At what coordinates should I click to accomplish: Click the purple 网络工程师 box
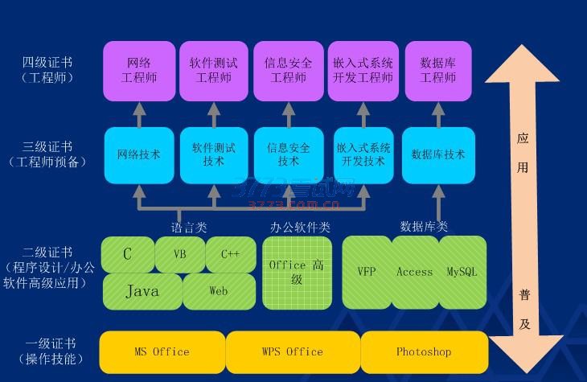(139, 71)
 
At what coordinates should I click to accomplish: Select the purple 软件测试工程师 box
(213, 71)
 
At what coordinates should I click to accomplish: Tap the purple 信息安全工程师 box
(289, 71)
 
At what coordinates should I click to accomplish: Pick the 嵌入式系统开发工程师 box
(363, 71)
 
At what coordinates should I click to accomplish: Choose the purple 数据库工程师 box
(438, 71)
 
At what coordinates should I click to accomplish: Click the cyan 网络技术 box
(139, 154)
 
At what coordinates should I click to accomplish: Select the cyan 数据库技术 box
(438, 154)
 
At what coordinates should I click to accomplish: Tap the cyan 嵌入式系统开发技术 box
(363, 154)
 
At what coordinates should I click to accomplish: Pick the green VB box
(179, 254)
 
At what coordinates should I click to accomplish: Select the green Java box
(142, 291)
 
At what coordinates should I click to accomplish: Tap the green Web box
(219, 291)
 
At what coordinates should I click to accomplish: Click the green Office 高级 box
(297, 273)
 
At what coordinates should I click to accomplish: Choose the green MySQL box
(462, 273)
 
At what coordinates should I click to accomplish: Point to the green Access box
(415, 273)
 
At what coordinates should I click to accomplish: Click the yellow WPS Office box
(293, 352)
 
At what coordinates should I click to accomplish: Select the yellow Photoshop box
(424, 352)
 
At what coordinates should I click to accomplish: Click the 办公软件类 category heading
(299, 228)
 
